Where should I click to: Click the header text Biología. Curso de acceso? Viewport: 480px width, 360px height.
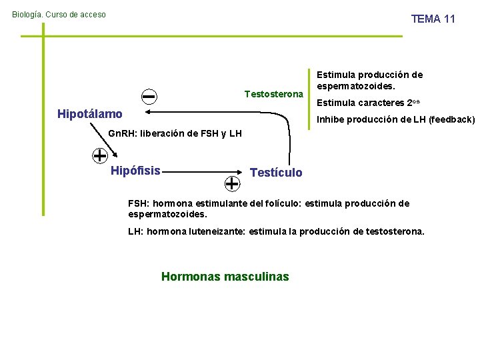[x=59, y=14]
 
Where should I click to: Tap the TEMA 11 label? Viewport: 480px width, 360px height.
[x=433, y=19]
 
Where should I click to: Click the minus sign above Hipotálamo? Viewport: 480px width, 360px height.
[x=149, y=97]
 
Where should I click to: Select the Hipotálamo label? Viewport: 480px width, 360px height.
[x=90, y=114]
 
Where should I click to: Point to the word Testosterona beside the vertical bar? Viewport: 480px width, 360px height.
[x=273, y=93]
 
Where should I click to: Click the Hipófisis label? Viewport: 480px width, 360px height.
[x=135, y=171]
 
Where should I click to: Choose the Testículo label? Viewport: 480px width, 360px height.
[x=275, y=173]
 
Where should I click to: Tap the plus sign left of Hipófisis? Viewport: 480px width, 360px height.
[x=100, y=156]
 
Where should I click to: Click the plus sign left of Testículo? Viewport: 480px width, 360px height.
[x=232, y=182]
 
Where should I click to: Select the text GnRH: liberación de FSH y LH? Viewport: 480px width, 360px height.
[x=175, y=133]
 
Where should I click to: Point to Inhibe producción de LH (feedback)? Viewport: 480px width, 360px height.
[x=395, y=120]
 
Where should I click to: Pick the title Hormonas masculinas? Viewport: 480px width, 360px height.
[x=225, y=276]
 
